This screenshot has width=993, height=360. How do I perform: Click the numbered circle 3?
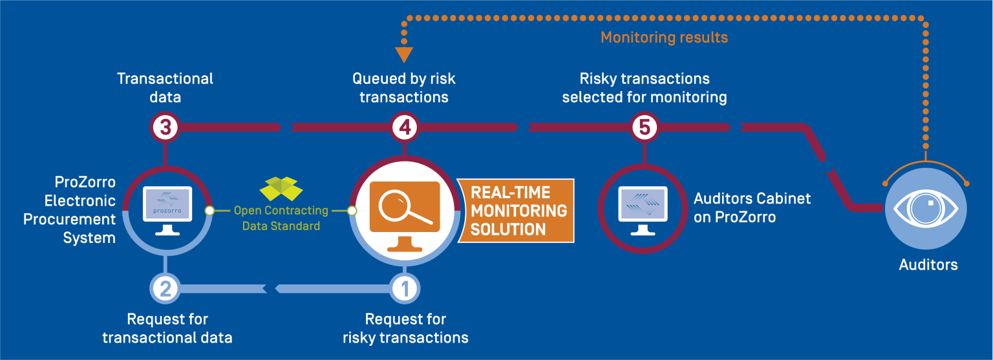click(x=165, y=127)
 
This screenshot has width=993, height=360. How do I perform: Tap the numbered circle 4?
click(x=405, y=127)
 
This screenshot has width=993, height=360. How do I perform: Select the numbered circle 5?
click(x=645, y=127)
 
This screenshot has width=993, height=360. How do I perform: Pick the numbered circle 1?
click(x=405, y=289)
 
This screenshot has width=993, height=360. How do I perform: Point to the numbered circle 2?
click(x=165, y=289)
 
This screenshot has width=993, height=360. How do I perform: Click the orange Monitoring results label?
click(x=664, y=37)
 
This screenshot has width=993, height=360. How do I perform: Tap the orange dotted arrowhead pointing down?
click(x=405, y=55)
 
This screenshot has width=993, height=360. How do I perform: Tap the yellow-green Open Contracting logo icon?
click(x=281, y=188)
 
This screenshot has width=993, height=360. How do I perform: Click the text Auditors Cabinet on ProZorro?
click(x=752, y=208)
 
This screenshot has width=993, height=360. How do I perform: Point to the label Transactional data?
click(x=165, y=88)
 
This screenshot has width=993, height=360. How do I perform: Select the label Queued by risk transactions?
click(x=404, y=88)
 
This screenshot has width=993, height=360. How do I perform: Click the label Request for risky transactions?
click(x=405, y=328)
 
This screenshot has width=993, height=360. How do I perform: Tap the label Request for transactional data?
click(x=167, y=328)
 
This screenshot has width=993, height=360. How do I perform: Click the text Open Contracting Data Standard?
click(x=281, y=218)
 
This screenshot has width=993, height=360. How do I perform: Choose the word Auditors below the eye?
click(x=928, y=265)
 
